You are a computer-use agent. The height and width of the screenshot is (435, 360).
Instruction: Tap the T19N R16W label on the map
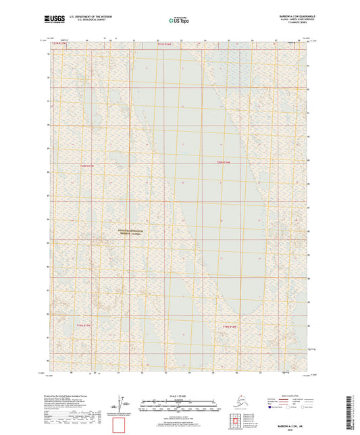coord(230,326)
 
